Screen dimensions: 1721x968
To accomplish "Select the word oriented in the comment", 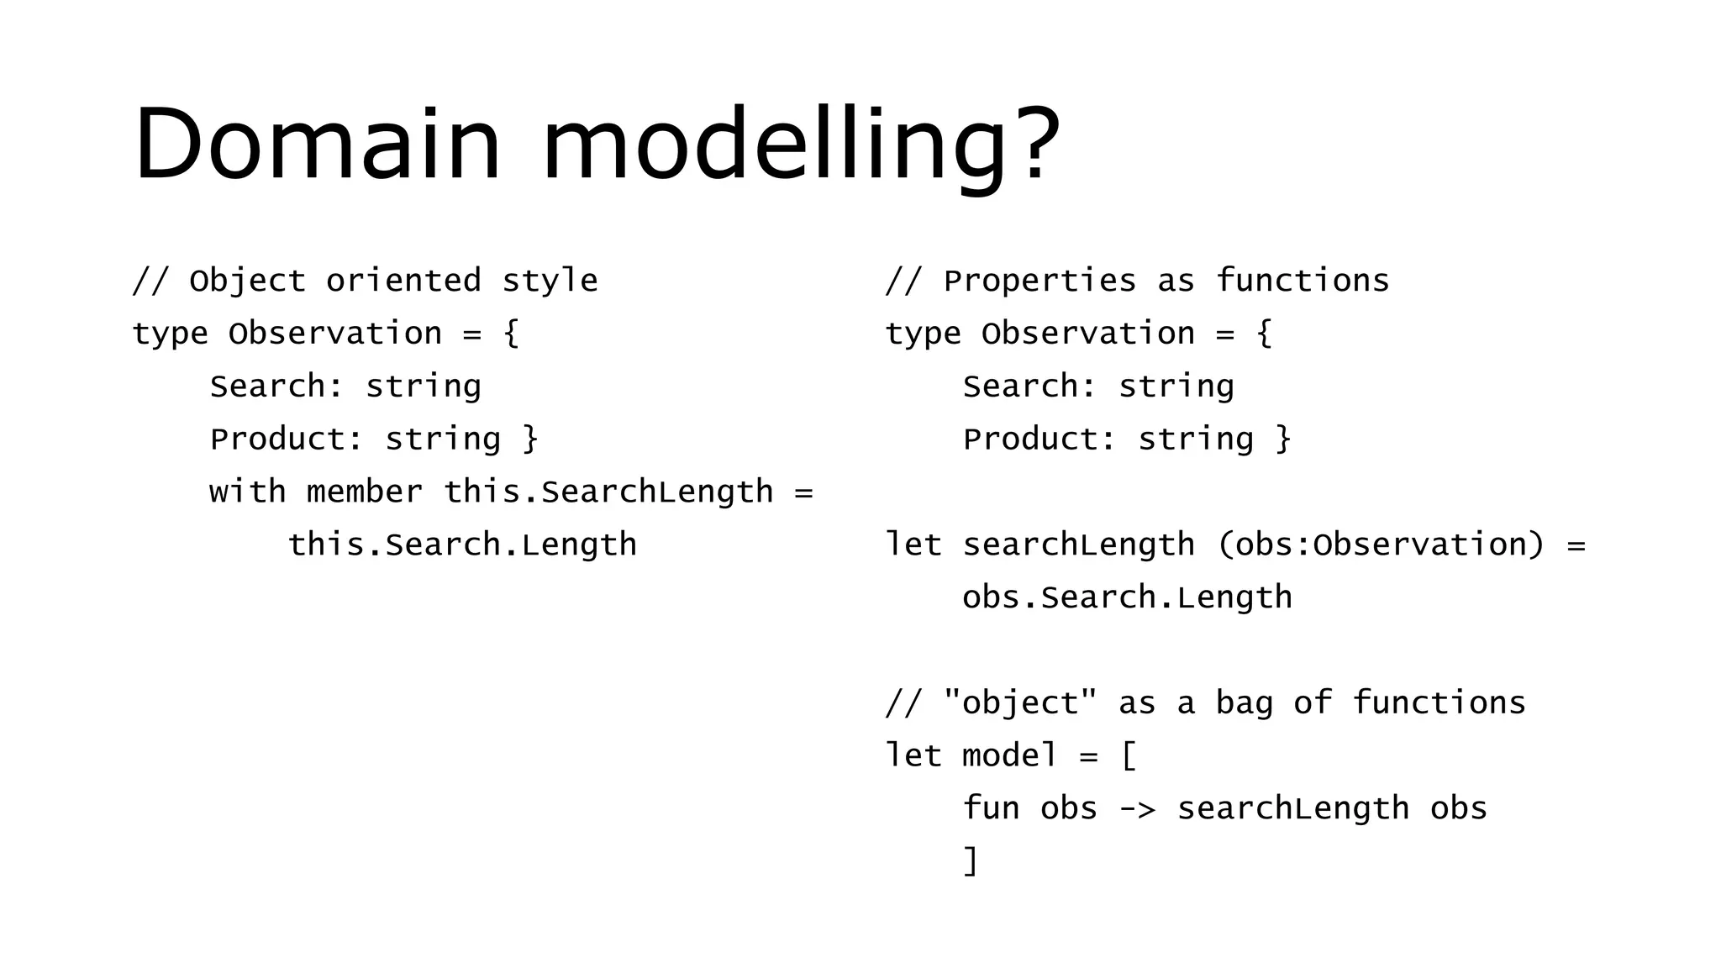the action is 403,281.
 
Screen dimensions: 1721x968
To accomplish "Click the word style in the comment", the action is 550,281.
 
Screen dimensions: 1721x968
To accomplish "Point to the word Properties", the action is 1039,281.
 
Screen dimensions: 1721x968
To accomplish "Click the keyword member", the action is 365,492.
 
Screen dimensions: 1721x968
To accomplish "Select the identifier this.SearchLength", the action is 608,492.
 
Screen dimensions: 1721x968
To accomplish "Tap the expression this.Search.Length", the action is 462,544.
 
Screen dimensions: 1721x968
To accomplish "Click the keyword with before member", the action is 247,492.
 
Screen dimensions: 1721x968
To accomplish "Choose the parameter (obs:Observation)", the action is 1381,544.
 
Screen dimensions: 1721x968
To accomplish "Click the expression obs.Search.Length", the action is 1127,597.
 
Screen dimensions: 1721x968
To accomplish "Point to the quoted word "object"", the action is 1020,702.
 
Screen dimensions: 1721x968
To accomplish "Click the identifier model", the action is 1009,755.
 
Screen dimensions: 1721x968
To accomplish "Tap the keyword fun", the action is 991,808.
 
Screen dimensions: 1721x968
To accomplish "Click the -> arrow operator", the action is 1136,809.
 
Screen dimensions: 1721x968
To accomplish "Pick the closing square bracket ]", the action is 971,861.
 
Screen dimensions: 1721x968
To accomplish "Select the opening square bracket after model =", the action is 1129,755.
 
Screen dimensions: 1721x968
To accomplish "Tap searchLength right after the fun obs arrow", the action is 1292,808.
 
